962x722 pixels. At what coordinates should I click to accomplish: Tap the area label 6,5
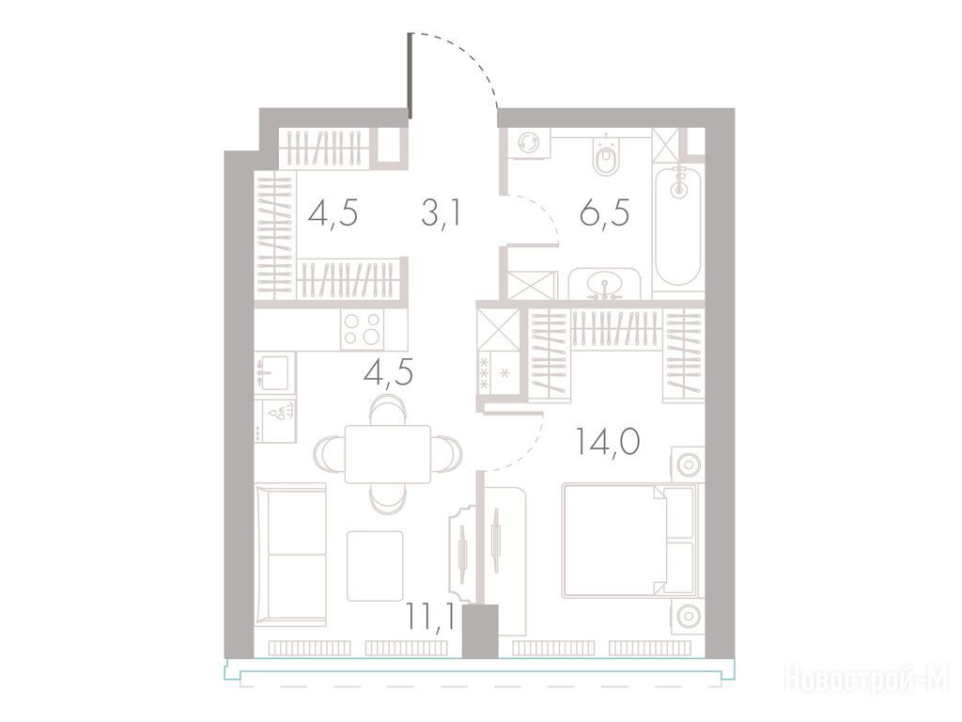click(605, 214)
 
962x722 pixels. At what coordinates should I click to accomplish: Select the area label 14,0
click(608, 442)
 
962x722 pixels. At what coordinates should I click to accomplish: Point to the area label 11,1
click(430, 617)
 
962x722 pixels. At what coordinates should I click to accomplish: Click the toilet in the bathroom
click(606, 156)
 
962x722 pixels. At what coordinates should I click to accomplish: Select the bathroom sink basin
click(606, 285)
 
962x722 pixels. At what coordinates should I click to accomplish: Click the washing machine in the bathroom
click(528, 144)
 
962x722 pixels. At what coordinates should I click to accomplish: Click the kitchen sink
click(275, 370)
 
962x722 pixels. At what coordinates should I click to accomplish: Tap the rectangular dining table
click(387, 454)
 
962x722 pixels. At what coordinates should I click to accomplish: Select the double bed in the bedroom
click(628, 541)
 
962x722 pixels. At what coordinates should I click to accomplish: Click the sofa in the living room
click(290, 555)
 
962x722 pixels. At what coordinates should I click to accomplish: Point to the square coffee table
click(375, 566)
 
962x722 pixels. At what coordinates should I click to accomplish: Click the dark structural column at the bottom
click(480, 631)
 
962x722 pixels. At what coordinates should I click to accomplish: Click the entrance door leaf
click(410, 75)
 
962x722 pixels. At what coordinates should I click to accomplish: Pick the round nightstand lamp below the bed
click(688, 615)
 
